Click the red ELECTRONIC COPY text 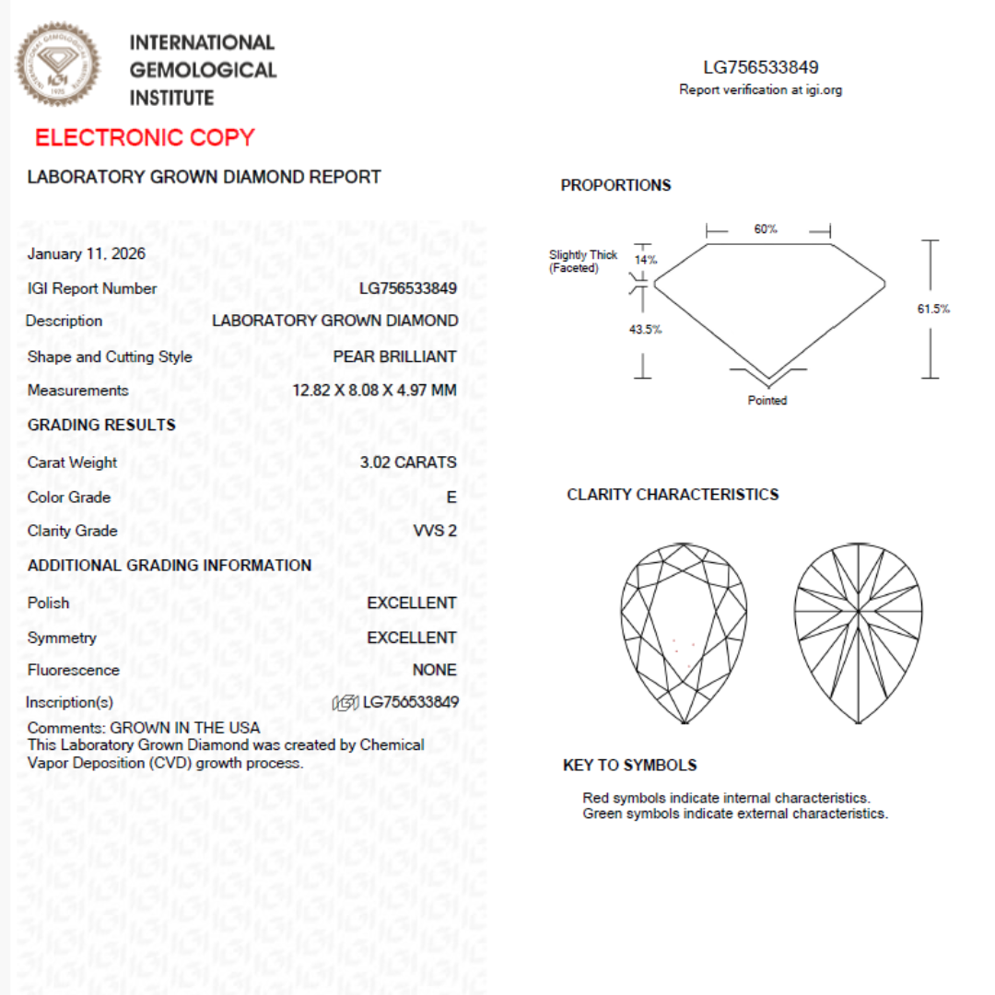click(145, 138)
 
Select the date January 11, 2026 click(87, 254)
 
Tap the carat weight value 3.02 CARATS click(408, 462)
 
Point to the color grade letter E click(451, 497)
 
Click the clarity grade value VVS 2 click(435, 531)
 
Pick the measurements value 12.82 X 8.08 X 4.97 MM click(374, 391)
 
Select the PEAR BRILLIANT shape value click(394, 357)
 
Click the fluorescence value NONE click(434, 670)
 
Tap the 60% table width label click(766, 229)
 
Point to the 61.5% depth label click(933, 309)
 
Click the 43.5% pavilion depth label click(646, 329)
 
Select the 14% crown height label click(646, 260)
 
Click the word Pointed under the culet click(767, 401)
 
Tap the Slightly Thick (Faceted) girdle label click(583, 262)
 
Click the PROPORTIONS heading click(615, 185)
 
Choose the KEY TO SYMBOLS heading click(629, 766)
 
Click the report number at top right click(760, 67)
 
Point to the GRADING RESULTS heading click(101, 425)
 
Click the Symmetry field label click(62, 638)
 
